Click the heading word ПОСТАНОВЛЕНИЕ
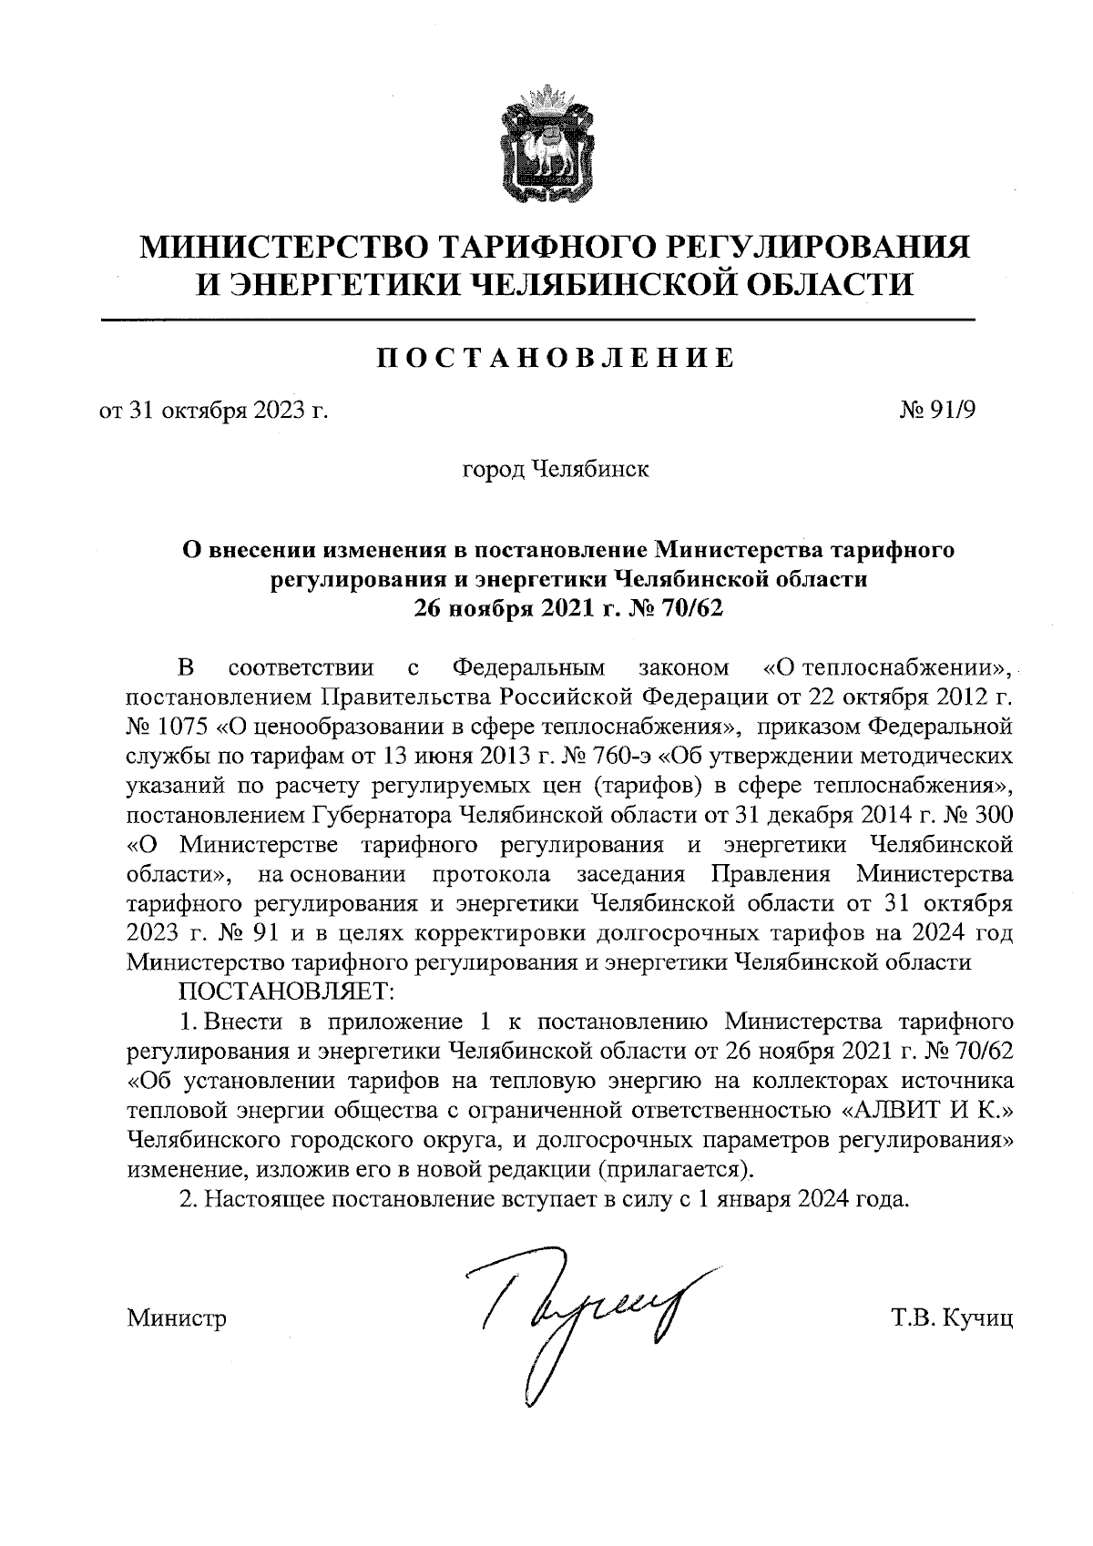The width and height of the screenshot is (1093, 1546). [x=555, y=357]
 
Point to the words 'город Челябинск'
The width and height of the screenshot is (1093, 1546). [x=556, y=471]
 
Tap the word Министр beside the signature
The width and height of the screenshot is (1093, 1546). [x=178, y=1317]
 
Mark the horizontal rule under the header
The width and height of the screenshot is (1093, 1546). [x=537, y=320]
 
